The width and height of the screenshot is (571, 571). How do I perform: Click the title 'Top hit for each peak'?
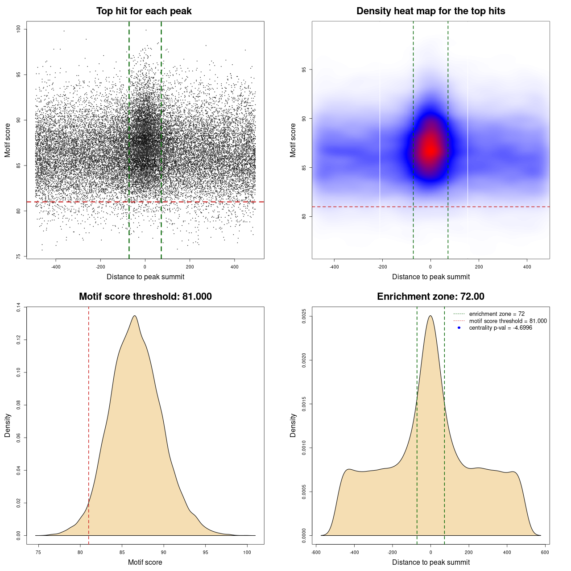tap(144, 11)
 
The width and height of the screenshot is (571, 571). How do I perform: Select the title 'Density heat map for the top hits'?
tap(430, 11)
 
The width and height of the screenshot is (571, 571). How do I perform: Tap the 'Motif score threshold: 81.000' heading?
tap(145, 297)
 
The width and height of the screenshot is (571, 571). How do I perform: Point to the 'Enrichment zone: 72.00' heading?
tap(430, 297)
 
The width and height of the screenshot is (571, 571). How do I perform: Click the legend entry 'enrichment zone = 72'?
tap(497, 314)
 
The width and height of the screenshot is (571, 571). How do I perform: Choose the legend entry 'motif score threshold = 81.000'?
tap(508, 321)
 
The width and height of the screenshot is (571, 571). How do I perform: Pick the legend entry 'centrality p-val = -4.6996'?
tap(501, 328)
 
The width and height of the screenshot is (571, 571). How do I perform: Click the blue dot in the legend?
tap(459, 328)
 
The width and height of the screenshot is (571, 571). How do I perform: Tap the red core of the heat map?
tap(430, 149)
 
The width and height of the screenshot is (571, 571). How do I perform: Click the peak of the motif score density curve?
tap(134, 316)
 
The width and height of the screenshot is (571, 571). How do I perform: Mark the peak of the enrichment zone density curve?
tap(430, 316)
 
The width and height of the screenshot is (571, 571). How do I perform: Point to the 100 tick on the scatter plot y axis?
tap(18, 29)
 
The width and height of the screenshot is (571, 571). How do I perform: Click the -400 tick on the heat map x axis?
tap(334, 267)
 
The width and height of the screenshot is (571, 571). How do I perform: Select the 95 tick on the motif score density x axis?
tap(205, 552)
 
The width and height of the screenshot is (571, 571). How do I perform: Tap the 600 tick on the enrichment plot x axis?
tap(545, 552)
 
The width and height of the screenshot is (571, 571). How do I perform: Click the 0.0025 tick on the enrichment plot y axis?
tap(304, 316)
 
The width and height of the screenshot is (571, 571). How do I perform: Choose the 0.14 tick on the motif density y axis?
tap(18, 307)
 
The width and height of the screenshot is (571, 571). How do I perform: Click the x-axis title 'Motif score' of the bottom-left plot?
tap(145, 562)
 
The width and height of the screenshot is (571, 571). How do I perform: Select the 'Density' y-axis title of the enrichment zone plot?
tap(293, 425)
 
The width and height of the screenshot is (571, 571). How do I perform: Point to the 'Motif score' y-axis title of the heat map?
tap(293, 140)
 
